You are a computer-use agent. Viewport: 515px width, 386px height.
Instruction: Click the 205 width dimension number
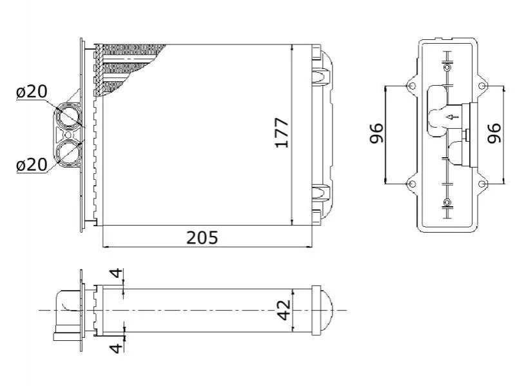202,237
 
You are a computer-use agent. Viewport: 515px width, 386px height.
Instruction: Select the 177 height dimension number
282,133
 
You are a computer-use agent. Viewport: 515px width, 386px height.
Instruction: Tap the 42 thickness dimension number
284,309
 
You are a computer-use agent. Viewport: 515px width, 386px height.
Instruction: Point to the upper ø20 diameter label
32,92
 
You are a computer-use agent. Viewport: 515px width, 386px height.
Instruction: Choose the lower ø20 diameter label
32,165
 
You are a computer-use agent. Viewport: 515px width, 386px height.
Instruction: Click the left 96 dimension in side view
376,133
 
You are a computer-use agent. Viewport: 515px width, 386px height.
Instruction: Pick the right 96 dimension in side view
494,133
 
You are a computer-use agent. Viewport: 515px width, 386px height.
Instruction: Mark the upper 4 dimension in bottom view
116,273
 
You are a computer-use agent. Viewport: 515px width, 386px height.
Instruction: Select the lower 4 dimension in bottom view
116,347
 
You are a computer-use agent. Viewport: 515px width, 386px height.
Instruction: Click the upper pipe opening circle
68,116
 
